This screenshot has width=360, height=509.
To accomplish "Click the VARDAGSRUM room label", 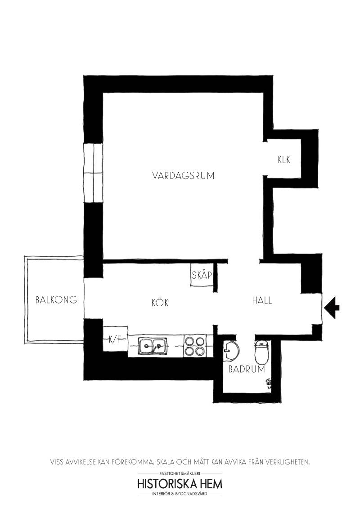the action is pos(183,176).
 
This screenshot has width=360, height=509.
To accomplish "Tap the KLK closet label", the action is pos(284,160).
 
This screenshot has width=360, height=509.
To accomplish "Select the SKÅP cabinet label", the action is pos(202,275).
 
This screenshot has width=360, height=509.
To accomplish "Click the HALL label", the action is pos(262,300).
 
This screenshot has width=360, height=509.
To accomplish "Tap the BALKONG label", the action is pos(56,299).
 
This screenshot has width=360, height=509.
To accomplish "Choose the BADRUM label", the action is pos(247,369).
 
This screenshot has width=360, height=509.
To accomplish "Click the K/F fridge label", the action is pos(115,340).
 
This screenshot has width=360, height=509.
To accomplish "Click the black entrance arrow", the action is pos(332,308).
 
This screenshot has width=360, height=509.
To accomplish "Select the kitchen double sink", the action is pos(153,346).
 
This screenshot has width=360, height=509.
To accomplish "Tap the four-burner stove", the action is pos(194,346).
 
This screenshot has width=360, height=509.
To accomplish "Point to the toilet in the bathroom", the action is pos(261,352).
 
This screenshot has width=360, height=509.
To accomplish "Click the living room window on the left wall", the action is pos(94,173).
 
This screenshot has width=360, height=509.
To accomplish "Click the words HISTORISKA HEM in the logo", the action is pos(180,484).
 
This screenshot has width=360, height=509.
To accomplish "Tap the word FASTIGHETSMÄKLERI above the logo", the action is pos(180,473).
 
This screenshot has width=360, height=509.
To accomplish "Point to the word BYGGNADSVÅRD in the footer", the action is pos(192,494).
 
